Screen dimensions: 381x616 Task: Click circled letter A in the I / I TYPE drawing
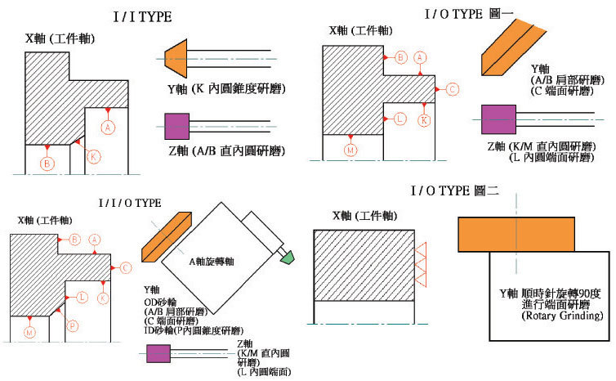[108, 127]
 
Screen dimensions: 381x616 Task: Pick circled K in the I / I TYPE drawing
[94, 155]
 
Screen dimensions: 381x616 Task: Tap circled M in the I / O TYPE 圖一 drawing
[350, 150]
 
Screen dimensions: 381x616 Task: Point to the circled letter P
[73, 325]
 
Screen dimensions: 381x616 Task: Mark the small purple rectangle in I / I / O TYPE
[158, 353]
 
